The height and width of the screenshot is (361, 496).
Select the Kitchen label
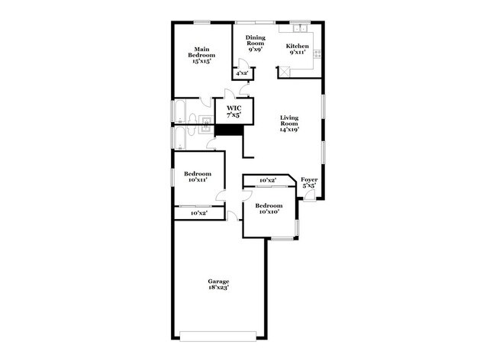point(298,47)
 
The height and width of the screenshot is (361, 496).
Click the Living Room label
point(288,121)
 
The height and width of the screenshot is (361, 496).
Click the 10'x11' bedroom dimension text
point(198,180)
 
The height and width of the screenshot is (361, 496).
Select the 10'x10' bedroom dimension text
point(269,211)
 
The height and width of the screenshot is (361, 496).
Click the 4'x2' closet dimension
point(242,74)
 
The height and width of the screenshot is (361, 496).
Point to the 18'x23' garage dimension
point(219,288)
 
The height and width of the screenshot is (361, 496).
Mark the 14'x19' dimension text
point(288,130)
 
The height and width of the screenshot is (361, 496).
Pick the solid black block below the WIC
point(228,130)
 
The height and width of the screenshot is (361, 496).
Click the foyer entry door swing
point(309,195)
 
